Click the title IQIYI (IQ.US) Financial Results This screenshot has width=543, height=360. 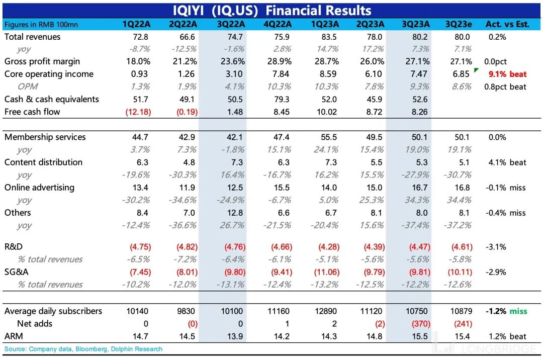[x=271, y=11]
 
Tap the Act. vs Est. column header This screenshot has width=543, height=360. [x=507, y=24]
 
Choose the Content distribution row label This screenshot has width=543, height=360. [x=43, y=162]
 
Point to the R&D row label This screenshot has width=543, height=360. [x=15, y=247]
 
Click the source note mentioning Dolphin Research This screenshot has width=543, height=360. [x=83, y=349]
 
